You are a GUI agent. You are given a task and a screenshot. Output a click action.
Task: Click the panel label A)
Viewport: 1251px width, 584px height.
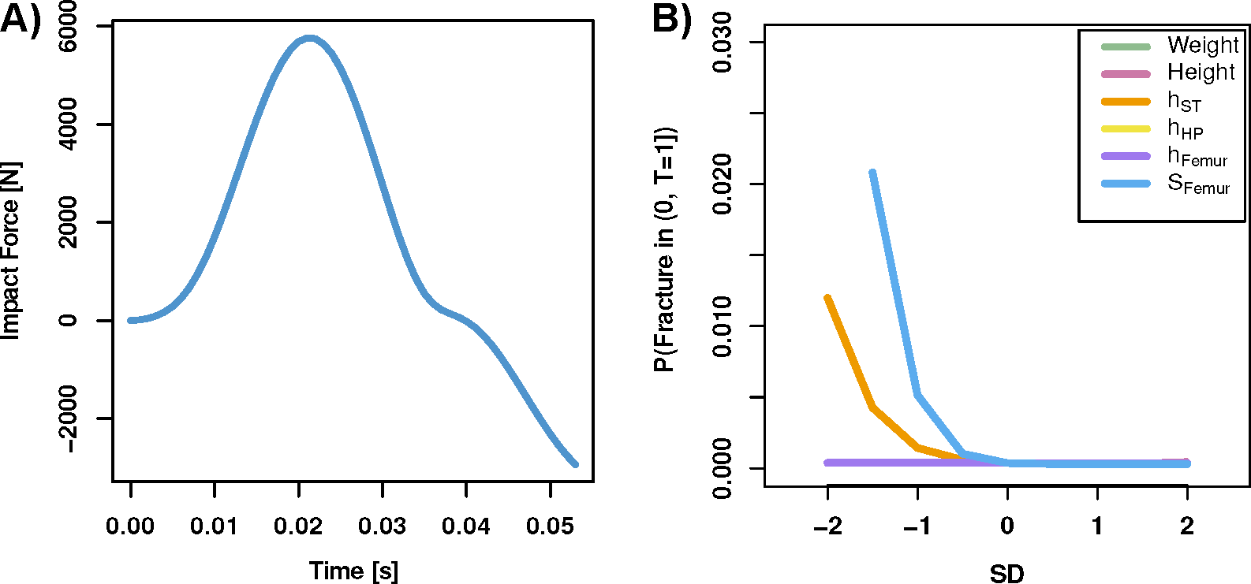point(20,19)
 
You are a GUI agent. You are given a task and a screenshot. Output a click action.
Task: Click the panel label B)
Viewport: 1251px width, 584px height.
point(671,19)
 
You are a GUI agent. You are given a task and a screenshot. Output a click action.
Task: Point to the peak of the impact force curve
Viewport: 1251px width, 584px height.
point(309,38)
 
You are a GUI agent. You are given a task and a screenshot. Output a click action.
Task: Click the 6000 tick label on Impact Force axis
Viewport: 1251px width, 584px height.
point(69,27)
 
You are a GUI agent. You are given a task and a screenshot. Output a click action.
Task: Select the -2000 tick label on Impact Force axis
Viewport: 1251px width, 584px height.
point(69,418)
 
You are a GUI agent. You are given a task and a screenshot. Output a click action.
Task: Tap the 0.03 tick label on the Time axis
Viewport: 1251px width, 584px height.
point(383,526)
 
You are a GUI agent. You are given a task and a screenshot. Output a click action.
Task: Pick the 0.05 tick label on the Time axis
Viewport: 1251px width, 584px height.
point(551,526)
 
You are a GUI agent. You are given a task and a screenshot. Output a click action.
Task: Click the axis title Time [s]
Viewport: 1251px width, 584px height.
point(353,571)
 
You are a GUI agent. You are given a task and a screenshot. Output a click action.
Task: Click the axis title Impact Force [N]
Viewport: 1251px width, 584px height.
point(11,251)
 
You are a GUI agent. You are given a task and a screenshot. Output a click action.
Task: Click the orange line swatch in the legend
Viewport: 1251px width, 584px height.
point(1126,102)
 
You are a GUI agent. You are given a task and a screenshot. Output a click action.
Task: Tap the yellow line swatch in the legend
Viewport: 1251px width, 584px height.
point(1126,128)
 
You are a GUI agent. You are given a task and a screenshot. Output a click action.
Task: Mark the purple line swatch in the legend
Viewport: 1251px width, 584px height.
point(1126,156)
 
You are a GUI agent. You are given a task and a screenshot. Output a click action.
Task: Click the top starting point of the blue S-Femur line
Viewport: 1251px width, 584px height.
point(872,173)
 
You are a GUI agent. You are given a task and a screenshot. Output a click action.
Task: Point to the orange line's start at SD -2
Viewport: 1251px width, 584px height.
point(827,298)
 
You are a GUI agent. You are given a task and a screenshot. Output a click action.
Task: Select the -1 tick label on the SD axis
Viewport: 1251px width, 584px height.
point(917,526)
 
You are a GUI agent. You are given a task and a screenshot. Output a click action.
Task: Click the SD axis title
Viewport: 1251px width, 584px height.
point(1007,573)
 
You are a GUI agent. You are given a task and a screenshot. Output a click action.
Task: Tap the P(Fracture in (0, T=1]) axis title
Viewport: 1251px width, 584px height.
point(664,248)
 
